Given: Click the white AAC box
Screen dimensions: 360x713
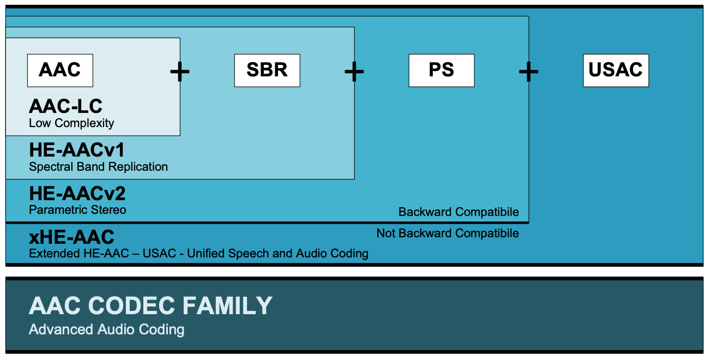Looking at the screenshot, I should [60, 70].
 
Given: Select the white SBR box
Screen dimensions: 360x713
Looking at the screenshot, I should [267, 70].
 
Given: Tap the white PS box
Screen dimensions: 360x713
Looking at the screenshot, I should [442, 70].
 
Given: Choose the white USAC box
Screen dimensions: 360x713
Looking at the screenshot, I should [616, 70].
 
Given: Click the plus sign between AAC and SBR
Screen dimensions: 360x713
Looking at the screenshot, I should [180, 71].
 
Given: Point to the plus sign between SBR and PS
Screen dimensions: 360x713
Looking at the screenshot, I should [354, 71].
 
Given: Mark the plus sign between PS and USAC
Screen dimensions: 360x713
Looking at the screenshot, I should [528, 71].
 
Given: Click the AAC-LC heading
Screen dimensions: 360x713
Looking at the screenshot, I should [65, 106].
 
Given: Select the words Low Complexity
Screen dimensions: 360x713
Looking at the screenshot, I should [71, 123].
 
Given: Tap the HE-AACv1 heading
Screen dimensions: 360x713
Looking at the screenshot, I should [77, 150].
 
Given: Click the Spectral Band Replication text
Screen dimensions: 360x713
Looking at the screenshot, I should [98, 167].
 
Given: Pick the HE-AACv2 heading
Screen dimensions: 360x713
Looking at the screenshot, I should [77, 194].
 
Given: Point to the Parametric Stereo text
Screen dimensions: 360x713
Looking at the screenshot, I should [77, 210].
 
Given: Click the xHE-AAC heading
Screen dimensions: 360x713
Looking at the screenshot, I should [71, 237].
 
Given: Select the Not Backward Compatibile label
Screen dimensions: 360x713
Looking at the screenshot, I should [448, 233].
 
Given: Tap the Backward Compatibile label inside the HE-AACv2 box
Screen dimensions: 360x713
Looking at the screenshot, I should [458, 212].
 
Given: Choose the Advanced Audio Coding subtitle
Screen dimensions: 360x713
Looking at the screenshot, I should [106, 329].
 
